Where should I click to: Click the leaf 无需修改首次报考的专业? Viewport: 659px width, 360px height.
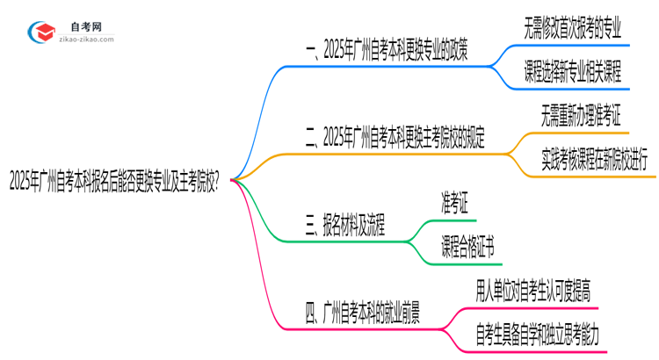click(x=572, y=28)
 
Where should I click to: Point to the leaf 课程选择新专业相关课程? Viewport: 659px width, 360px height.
click(x=572, y=71)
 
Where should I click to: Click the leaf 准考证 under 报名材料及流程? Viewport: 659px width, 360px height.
click(x=453, y=204)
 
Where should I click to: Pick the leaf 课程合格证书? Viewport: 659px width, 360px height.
click(x=467, y=248)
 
